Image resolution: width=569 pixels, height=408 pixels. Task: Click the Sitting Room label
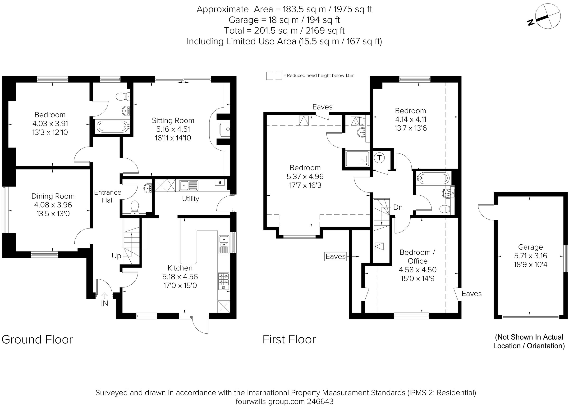[173, 121]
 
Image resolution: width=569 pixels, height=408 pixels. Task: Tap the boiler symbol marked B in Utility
[220, 182]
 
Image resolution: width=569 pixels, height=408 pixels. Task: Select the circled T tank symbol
[379, 158]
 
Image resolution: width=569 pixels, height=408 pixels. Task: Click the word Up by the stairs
[116, 256]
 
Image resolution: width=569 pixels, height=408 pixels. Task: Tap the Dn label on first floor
[398, 207]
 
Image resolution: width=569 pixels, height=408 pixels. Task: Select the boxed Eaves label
[335, 257]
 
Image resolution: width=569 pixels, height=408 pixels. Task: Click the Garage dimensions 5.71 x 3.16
[530, 256]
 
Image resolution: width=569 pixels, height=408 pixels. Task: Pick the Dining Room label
[53, 196]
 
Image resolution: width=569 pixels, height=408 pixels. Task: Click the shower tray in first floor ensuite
[358, 159]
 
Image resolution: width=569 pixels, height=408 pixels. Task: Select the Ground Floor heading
[37, 340]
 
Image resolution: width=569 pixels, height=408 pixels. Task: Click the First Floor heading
[289, 340]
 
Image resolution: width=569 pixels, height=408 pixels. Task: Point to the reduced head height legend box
[274, 76]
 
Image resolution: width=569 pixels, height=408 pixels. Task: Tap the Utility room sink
[189, 186]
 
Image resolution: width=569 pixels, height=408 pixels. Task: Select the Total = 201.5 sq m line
[284, 31]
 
